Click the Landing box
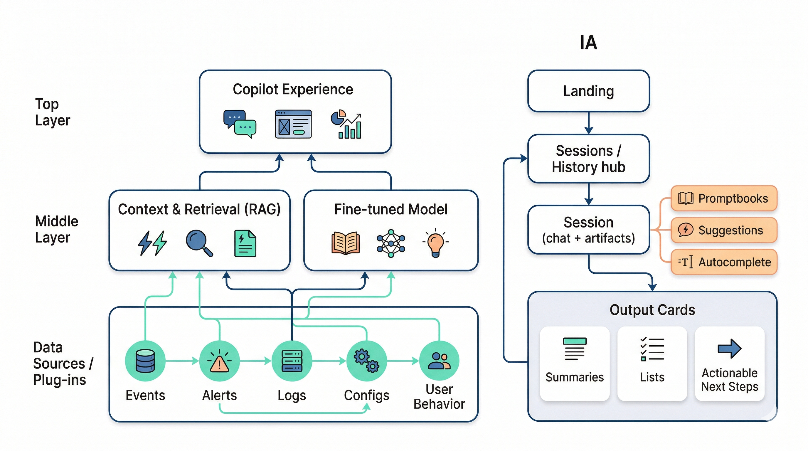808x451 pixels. (588, 91)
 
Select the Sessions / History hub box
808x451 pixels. (588, 159)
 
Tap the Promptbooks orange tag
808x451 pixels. (723, 198)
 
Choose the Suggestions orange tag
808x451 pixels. (723, 230)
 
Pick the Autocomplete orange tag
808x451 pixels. (723, 262)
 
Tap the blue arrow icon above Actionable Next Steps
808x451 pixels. (729, 349)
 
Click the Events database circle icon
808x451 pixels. (145, 361)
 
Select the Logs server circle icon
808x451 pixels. (292, 361)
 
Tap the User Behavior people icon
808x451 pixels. (439, 361)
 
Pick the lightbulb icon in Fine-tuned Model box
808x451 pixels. (435, 243)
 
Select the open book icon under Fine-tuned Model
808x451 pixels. (345, 243)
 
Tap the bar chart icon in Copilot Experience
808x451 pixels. (346, 124)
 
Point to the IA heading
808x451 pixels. (588, 43)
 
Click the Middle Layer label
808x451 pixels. (56, 229)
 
